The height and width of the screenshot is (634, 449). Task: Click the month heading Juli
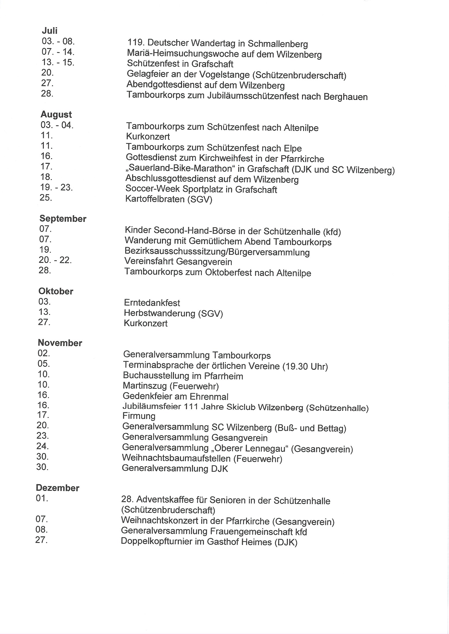point(49,30)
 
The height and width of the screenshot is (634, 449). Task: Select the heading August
point(56,114)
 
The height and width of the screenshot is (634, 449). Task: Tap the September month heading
point(63,219)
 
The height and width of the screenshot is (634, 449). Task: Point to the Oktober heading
point(56,291)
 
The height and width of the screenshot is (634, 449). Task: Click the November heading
point(60,343)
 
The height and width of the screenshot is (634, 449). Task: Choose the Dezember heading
point(58,488)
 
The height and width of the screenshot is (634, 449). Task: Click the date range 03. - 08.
point(58,41)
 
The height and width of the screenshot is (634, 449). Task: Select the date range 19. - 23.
point(56,187)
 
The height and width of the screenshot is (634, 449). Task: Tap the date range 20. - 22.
point(55,260)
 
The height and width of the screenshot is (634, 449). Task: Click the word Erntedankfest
point(152,303)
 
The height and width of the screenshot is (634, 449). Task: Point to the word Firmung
point(139,416)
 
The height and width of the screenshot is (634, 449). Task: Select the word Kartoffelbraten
point(155,199)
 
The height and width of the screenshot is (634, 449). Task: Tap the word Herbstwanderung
point(159,313)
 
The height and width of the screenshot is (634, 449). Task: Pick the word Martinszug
point(145,386)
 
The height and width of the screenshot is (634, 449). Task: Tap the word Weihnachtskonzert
point(159,521)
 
